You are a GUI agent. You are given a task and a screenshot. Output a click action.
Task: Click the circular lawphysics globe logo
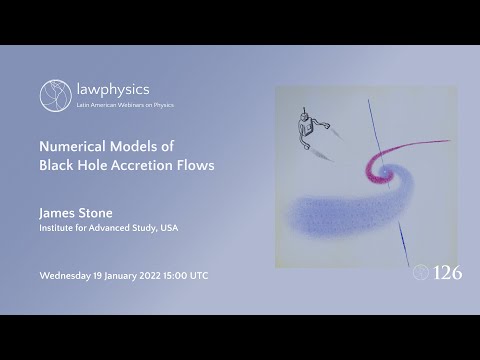coord(55,95)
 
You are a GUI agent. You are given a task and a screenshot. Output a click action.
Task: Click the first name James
coord(56,212)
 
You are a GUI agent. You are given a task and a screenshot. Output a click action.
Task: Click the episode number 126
coord(446,272)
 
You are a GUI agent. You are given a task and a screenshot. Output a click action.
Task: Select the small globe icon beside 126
coord(420,272)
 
